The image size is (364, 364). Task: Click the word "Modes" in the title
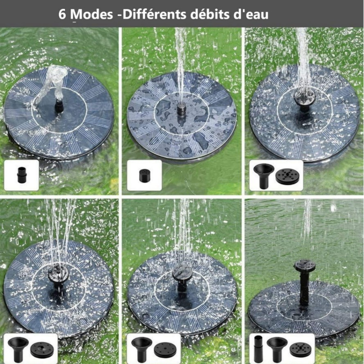point(93,14)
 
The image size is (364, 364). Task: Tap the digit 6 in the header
point(62,14)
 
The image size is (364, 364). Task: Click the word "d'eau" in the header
point(251,14)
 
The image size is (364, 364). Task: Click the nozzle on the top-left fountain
point(59,106)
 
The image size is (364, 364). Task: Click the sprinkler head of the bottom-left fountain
point(58,276)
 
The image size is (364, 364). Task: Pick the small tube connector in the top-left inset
point(22,175)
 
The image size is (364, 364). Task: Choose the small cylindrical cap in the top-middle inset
point(144,176)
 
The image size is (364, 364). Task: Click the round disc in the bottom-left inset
point(42,350)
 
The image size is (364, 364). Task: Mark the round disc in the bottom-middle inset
point(165,350)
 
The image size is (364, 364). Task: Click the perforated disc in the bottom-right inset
point(300,350)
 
